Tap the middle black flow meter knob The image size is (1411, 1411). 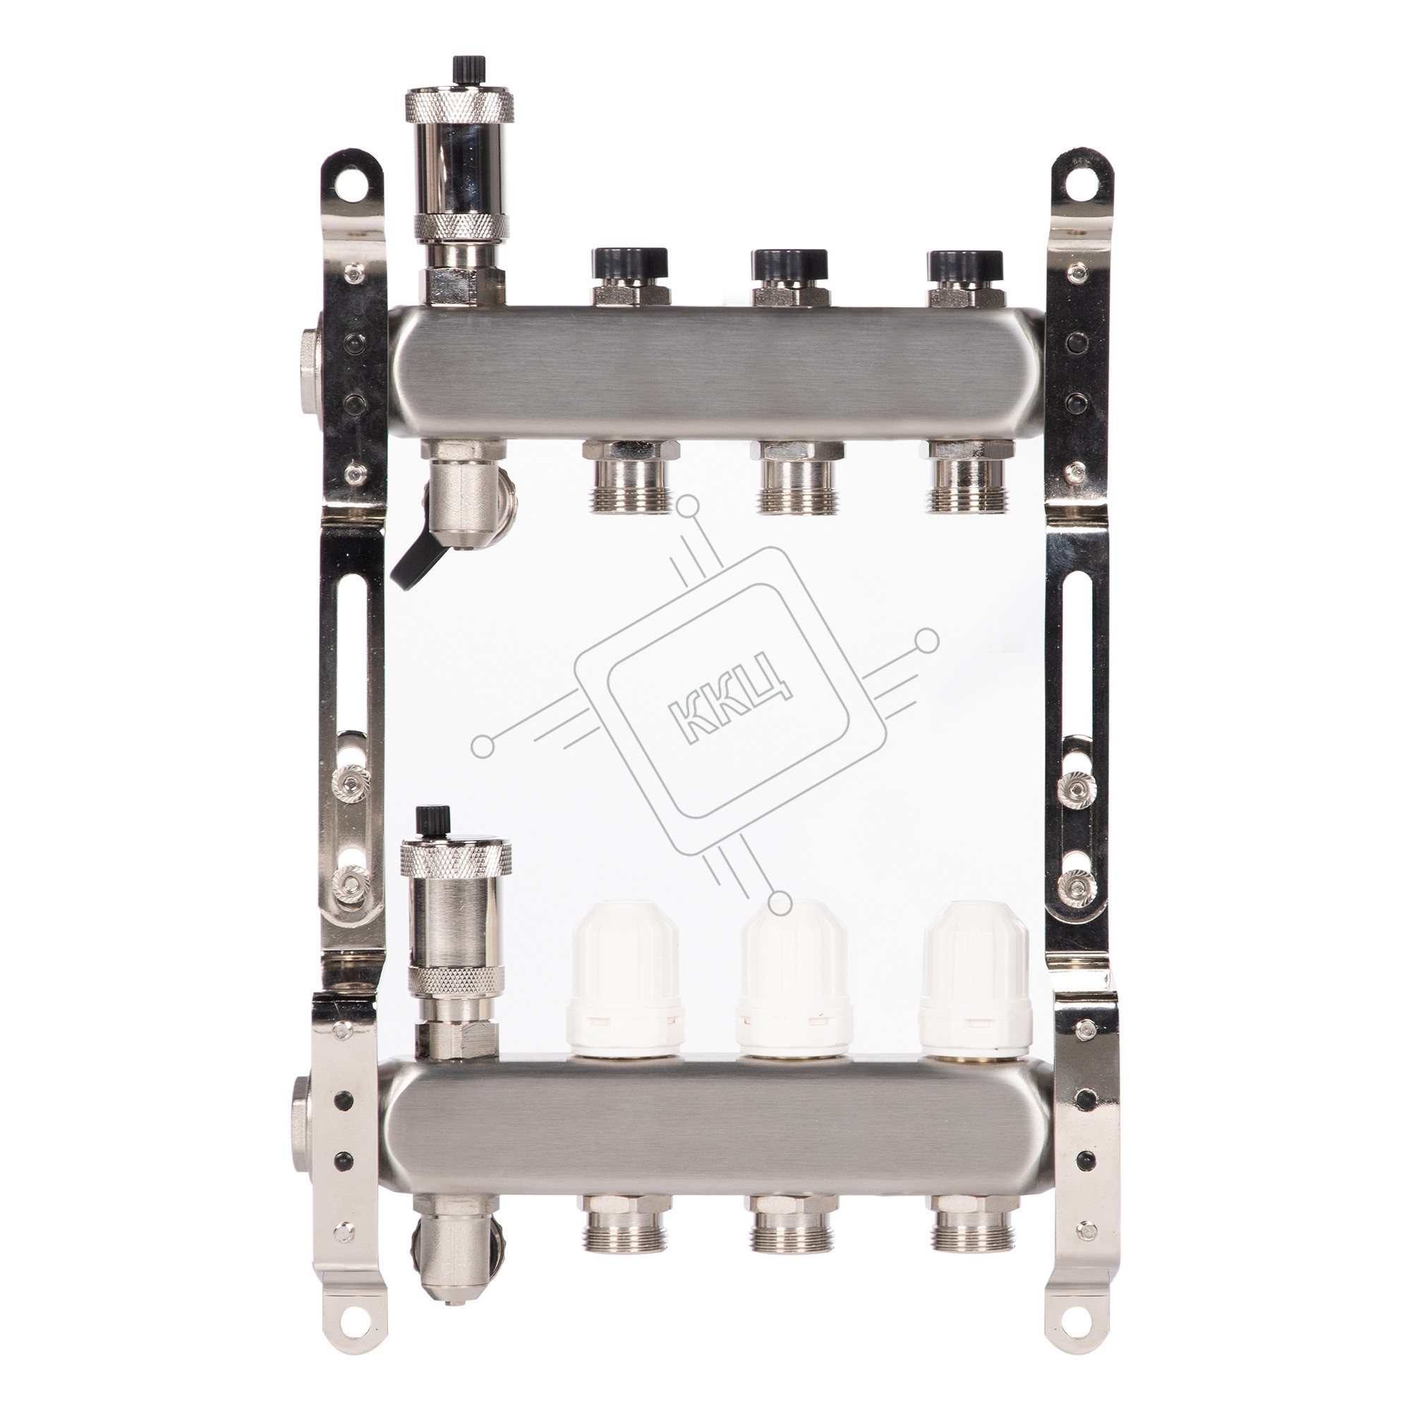792,262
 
